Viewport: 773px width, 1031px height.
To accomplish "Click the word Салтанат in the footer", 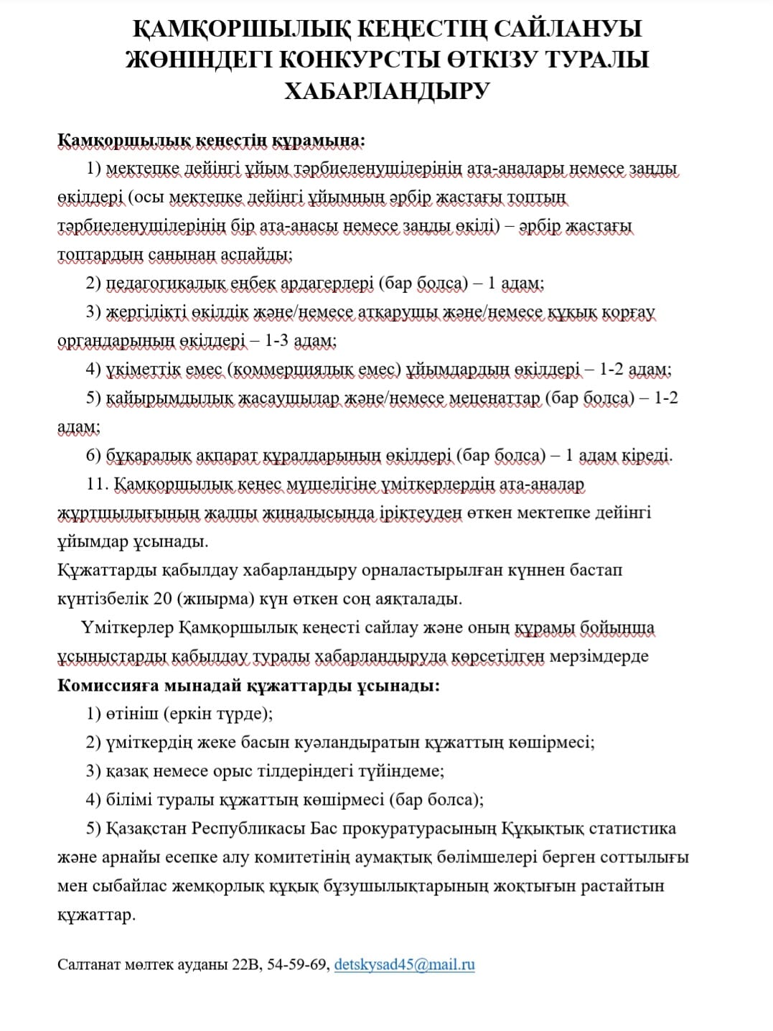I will pyautogui.click(x=87, y=965).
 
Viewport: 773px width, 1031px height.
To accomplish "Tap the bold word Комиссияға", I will pyautogui.click(x=108, y=685).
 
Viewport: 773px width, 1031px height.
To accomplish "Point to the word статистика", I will pyautogui.click(x=632, y=829).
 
